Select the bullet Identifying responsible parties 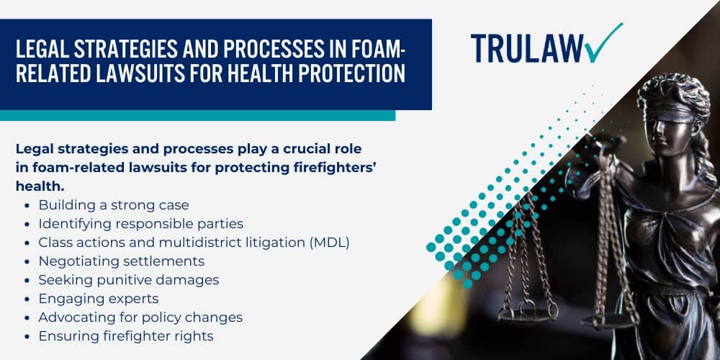[140, 224]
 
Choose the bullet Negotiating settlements [122, 261]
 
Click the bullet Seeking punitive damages [129, 279]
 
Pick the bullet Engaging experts [98, 298]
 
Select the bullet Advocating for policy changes [140, 317]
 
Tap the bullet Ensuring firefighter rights [126, 336]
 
